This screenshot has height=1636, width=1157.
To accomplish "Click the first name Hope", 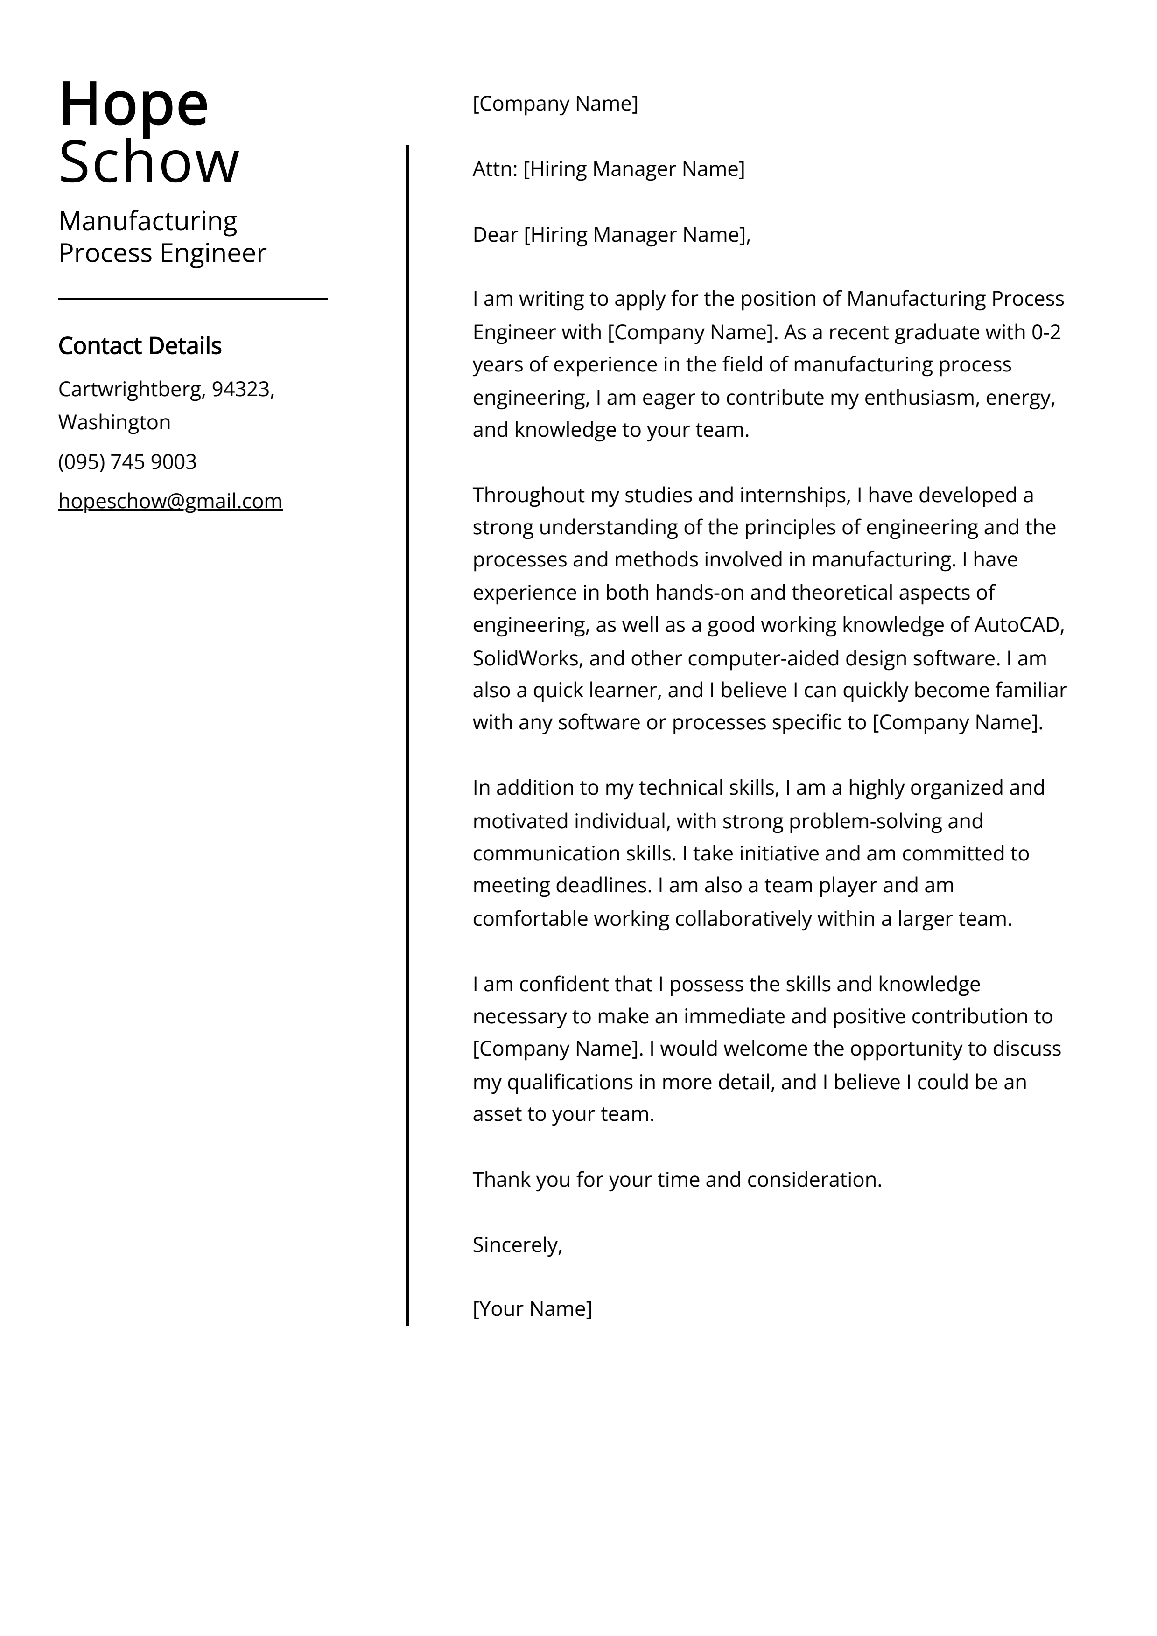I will [x=133, y=105].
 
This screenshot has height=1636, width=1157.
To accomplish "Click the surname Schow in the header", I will [x=148, y=162].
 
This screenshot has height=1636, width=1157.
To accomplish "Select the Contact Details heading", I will [x=140, y=346].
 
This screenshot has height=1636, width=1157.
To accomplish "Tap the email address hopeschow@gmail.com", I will [x=170, y=502].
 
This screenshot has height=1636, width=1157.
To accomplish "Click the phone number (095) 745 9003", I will [x=127, y=462].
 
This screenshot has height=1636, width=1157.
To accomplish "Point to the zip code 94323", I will [x=240, y=389].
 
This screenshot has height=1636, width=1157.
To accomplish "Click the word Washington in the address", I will [x=114, y=423].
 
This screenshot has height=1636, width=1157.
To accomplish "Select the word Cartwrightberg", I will [x=132, y=389].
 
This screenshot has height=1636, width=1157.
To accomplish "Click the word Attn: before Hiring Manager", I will [x=495, y=169].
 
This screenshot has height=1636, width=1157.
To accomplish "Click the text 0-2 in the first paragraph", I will [x=1046, y=332].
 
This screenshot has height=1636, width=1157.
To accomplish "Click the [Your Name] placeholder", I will [x=532, y=1309].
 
